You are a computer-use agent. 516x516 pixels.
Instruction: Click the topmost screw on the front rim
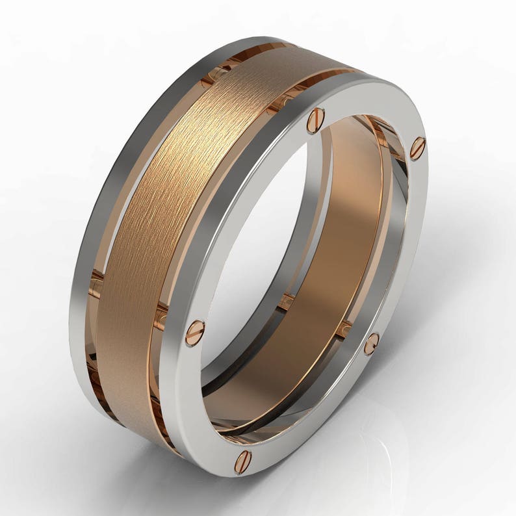pos(315,120)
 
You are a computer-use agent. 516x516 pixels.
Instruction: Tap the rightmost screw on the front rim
pos(417,148)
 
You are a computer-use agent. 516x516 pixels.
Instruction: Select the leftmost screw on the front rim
pos(195,332)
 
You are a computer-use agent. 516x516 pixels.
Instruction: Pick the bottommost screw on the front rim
pos(243,461)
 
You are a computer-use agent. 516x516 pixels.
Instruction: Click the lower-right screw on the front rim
pos(371,344)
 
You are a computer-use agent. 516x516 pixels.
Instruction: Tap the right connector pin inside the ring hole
pos(343,328)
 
